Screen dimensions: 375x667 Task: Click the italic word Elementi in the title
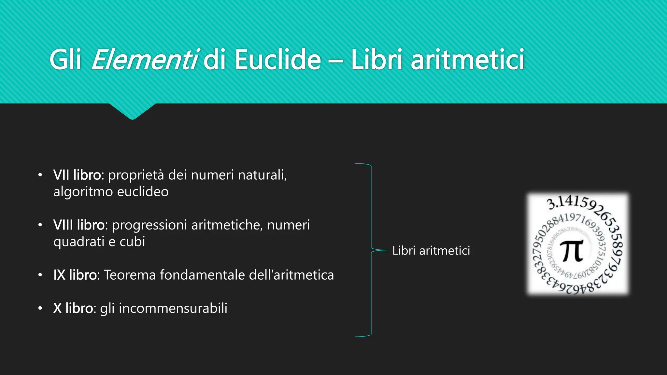tap(144, 60)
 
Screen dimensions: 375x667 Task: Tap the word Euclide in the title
tap(278, 60)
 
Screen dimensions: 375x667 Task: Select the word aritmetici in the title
tap(467, 60)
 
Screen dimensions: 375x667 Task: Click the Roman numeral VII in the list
tap(61, 175)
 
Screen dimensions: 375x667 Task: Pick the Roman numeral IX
tap(60, 275)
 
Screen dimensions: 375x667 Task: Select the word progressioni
tap(149, 225)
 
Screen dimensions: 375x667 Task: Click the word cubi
tap(132, 242)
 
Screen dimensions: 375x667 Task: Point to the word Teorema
tap(130, 275)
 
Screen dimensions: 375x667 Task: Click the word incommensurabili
tap(173, 308)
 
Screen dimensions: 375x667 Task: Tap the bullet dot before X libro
tap(40, 308)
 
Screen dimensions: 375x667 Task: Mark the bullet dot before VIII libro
tap(40, 225)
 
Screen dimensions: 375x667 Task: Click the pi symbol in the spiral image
tap(572, 251)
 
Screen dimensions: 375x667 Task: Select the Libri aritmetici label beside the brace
tap(431, 251)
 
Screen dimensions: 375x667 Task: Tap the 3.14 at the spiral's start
tap(558, 203)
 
